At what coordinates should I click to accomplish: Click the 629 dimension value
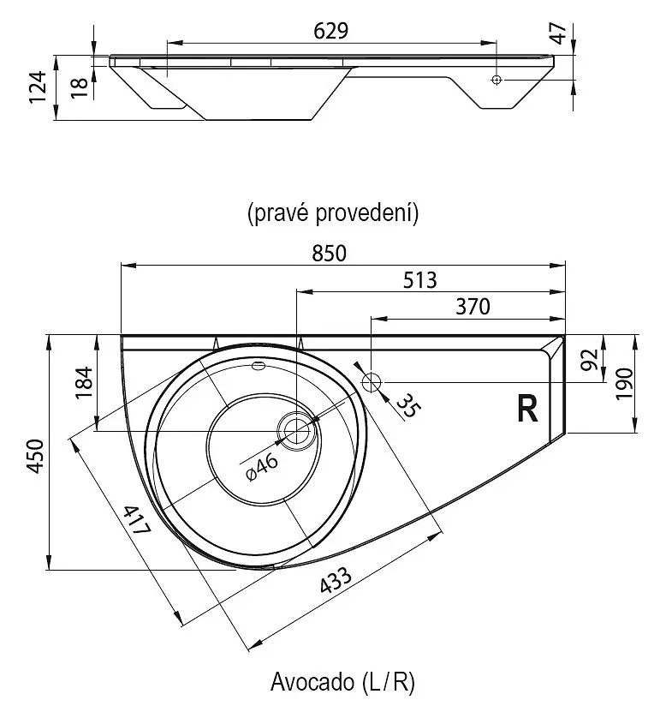[330, 30]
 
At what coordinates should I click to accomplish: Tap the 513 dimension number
[419, 279]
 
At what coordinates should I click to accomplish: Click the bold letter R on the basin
[527, 410]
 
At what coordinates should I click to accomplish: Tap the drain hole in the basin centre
[297, 428]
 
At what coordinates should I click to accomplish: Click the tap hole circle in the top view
[372, 381]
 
